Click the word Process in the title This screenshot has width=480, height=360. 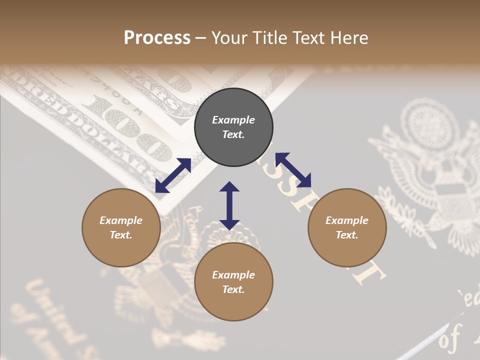point(157,38)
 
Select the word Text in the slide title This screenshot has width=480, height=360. point(307,38)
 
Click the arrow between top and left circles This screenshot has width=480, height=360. point(173,175)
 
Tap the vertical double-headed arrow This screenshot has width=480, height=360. point(229,205)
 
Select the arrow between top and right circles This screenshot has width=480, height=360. point(293,170)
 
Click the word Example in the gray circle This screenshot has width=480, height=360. point(233,120)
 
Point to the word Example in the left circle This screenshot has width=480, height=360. point(121,220)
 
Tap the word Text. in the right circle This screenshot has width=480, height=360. point(347,235)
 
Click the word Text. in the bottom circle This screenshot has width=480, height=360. point(233,289)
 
